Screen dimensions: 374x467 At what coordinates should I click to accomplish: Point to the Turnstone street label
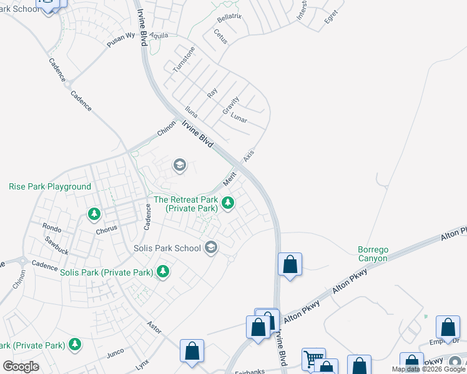tap(184, 59)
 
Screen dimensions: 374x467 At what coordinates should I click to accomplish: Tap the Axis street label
tap(249, 155)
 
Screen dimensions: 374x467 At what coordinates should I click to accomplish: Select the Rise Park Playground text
tap(50, 186)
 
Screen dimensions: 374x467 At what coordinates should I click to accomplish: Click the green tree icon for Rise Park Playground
tap(94, 214)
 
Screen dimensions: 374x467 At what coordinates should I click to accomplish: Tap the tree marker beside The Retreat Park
tap(229, 203)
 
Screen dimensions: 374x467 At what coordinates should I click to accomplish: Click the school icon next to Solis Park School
tap(211, 248)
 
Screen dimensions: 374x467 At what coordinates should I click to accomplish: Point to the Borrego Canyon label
tap(373, 254)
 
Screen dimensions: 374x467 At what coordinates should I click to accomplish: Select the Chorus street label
tap(107, 229)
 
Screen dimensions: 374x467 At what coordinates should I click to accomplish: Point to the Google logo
tap(21, 367)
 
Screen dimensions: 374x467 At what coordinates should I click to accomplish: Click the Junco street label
tap(116, 353)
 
